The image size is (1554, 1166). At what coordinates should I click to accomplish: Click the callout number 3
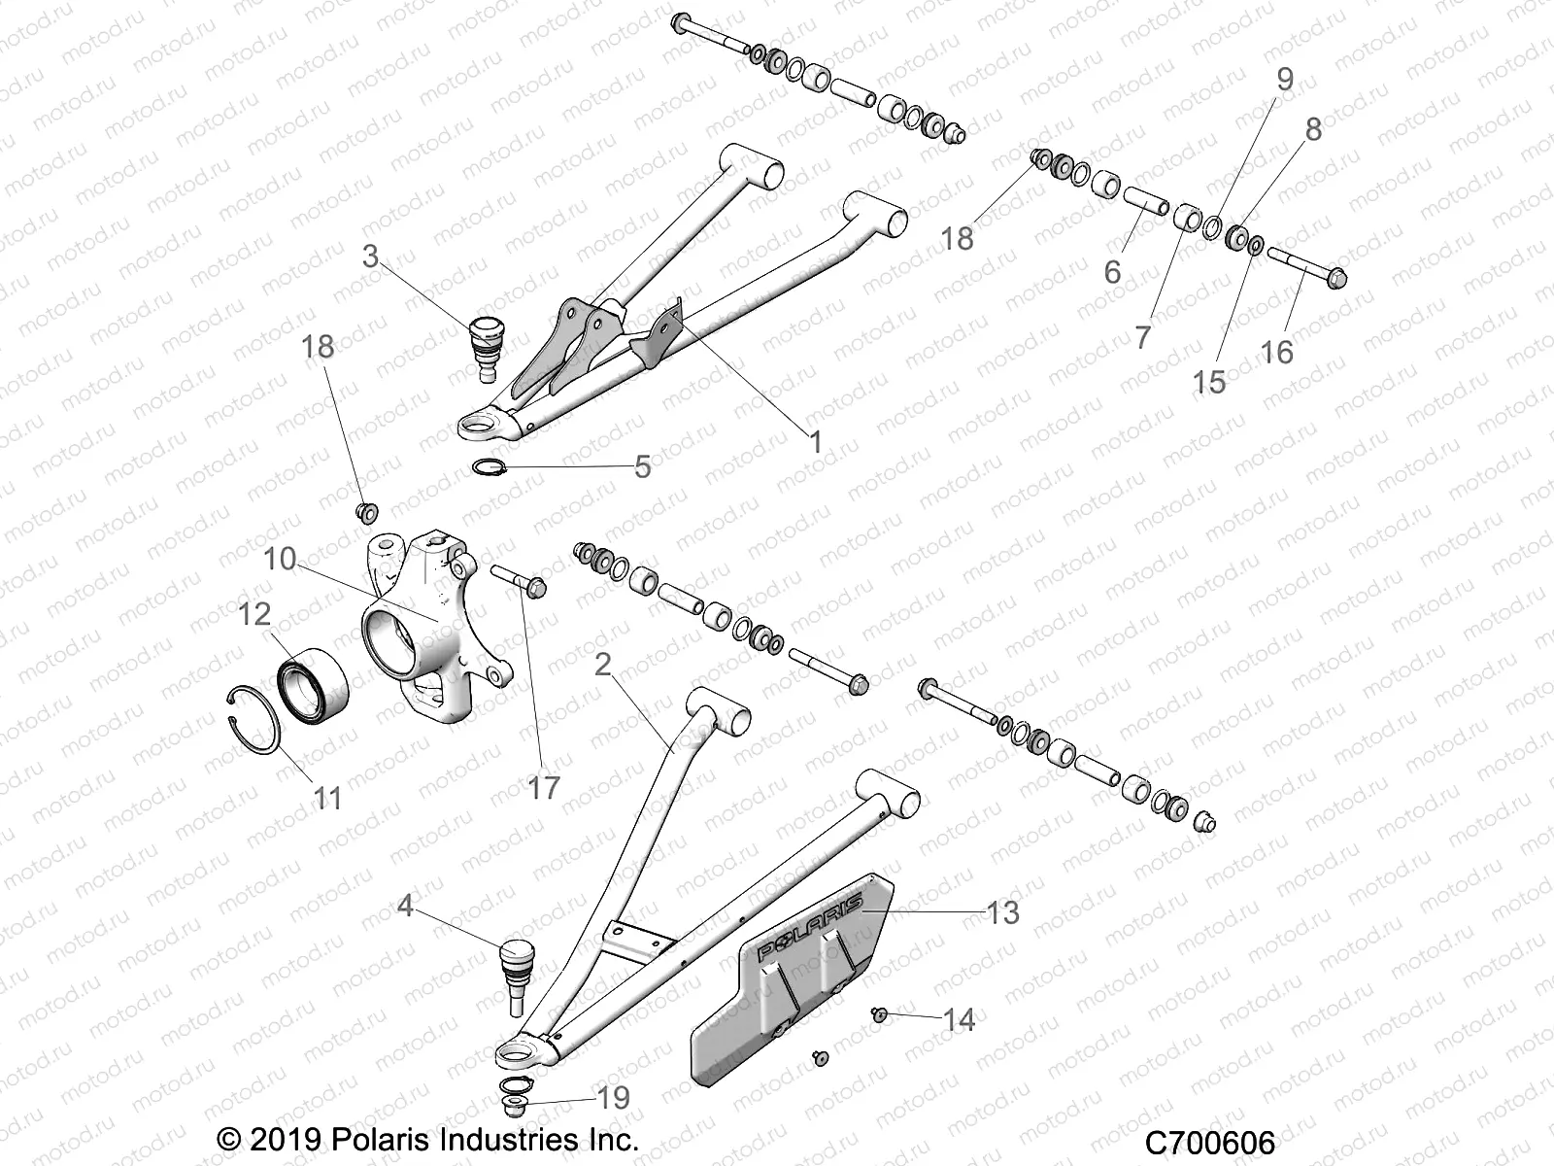[x=370, y=257]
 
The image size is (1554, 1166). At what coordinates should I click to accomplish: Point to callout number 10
[x=280, y=559]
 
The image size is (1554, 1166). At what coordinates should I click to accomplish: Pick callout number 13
[x=1002, y=912]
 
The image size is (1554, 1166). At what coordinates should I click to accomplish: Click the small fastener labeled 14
[x=878, y=1014]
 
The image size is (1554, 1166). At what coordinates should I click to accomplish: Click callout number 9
[x=1285, y=80]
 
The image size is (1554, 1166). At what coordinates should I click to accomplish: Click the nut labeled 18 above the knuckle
[x=367, y=511]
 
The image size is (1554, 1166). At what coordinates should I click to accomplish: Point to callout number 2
[x=602, y=666]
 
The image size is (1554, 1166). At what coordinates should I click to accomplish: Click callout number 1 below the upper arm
[x=815, y=442]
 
